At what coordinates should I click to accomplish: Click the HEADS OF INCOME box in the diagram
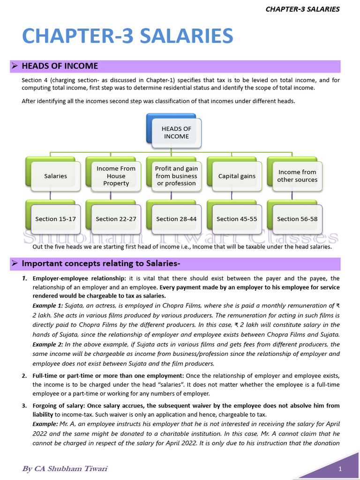tap(176, 132)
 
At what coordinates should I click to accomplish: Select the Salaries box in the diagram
tap(55, 176)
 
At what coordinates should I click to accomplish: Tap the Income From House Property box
tap(116, 176)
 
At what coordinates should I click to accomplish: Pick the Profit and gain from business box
tap(176, 176)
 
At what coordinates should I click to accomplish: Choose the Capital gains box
tap(237, 176)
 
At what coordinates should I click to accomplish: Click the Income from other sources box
tap(297, 176)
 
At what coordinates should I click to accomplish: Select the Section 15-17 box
tap(55, 219)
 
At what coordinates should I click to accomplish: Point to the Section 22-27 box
tap(116, 219)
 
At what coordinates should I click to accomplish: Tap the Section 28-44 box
tap(176, 219)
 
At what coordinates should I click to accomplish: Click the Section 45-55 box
tap(237, 219)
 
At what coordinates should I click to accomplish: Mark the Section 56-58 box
tap(297, 219)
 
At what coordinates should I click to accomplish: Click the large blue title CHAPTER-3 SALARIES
tap(127, 36)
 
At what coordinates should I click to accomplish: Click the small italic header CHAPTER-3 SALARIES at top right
tap(302, 9)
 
